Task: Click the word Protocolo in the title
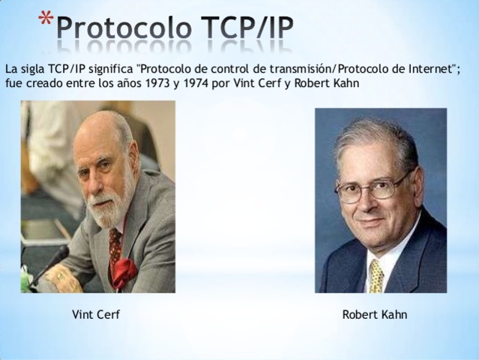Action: pos(119,30)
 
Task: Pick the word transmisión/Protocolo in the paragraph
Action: pos(330,68)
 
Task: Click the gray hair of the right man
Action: pos(375,139)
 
